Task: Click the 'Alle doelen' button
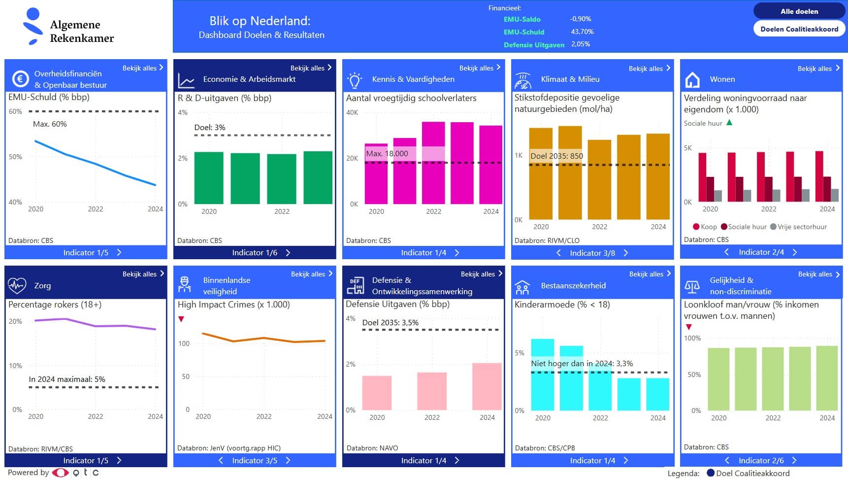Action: pos(799,11)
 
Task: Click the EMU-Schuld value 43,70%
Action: pos(582,32)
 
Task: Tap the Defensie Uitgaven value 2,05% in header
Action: pos(581,44)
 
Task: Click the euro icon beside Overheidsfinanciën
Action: pos(20,79)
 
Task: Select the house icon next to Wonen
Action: pos(692,79)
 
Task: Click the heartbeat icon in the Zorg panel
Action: pos(17,285)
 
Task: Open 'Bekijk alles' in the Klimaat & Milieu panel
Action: pos(649,68)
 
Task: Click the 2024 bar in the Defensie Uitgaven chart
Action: pos(487,386)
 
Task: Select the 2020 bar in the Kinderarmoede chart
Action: pos(542,375)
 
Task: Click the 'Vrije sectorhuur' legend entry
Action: pos(798,227)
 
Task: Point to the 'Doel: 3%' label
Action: pos(210,127)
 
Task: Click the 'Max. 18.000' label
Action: pos(387,153)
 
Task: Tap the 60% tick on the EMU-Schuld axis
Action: pos(15,111)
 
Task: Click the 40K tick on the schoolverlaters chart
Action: pos(352,112)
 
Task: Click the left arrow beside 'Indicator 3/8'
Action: pos(558,253)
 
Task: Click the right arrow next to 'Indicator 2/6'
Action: pos(794,460)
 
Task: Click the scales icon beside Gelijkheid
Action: pos(692,286)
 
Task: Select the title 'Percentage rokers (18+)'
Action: pos(55,305)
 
